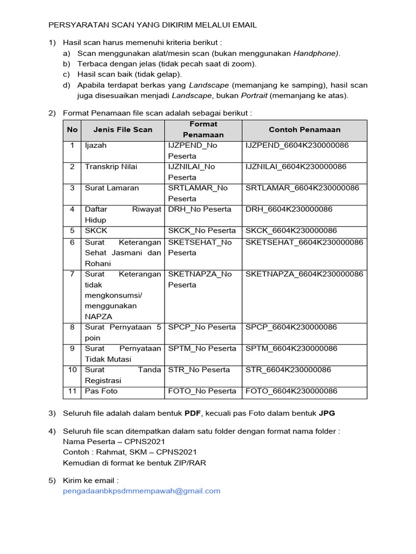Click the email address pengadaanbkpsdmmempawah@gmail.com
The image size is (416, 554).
point(142,491)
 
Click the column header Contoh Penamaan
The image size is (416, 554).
point(304,129)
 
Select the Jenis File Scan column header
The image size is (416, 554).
point(123,129)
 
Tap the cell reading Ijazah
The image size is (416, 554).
point(96,146)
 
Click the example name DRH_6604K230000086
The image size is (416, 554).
point(289,209)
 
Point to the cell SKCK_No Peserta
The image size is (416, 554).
point(202,230)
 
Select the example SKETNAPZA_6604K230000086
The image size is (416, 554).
point(304,274)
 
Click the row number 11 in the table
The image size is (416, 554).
point(72,391)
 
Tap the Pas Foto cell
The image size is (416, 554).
point(101,391)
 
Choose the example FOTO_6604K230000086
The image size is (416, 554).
point(291,391)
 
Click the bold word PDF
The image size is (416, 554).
point(193,413)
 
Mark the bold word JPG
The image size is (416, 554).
point(327,413)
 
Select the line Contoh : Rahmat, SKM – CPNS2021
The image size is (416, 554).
point(130,452)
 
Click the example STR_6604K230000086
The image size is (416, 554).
point(288,370)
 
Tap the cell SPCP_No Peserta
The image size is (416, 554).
point(202,327)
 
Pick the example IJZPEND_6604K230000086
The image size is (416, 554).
point(297,146)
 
